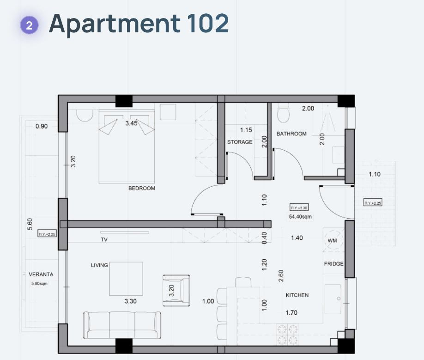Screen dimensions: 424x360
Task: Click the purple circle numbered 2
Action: point(29,25)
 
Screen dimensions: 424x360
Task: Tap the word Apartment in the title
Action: point(115,24)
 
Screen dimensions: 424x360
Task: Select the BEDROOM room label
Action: point(142,188)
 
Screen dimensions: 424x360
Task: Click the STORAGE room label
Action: point(240,142)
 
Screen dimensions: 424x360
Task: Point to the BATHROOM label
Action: point(291,134)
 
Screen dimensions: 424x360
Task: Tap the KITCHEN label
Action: point(297,295)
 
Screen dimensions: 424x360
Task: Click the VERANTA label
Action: point(41,274)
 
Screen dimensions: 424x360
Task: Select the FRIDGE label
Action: point(333,264)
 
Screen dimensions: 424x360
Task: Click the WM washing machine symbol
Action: point(333,240)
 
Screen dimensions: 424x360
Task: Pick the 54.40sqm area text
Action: point(300,217)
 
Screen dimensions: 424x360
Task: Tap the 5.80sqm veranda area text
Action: point(39,283)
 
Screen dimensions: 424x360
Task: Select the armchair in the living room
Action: point(176,291)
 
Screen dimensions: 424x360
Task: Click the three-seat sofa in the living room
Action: point(122,325)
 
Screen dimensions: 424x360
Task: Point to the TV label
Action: point(104,239)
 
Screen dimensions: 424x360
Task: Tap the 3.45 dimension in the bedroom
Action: point(132,123)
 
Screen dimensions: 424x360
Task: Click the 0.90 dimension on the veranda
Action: point(42,126)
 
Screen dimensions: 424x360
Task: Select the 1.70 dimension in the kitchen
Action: point(291,313)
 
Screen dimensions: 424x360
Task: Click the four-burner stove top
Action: point(287,334)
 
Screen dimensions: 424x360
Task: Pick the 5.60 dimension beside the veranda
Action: point(30,224)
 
